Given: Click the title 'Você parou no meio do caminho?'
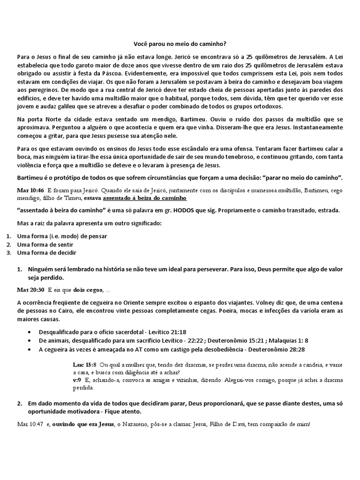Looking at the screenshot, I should (180, 43).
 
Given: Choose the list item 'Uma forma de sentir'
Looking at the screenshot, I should (45, 245).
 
